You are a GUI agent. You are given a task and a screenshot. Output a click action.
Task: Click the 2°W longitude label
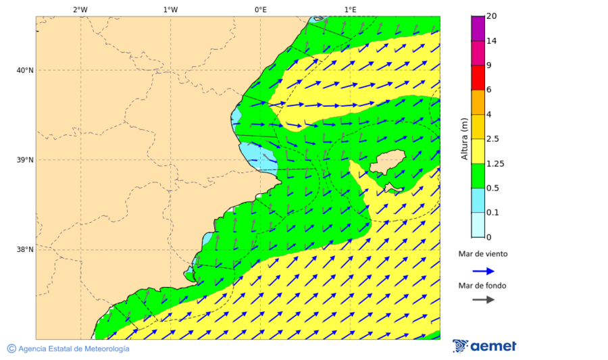click(x=80, y=9)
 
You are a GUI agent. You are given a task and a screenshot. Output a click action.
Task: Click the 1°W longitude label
click(x=170, y=9)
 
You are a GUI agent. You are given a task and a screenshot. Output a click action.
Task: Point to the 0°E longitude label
click(x=260, y=9)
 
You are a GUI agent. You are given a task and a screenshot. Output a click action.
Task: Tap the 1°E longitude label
click(x=351, y=9)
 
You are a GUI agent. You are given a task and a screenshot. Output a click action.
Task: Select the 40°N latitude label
click(x=25, y=70)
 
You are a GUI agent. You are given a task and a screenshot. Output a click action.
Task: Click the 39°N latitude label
click(x=25, y=160)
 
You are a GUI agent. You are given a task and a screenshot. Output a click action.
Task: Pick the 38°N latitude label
click(x=25, y=250)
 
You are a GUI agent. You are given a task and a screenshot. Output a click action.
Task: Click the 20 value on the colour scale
click(x=491, y=16)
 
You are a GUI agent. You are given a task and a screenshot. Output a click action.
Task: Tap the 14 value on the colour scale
click(x=491, y=41)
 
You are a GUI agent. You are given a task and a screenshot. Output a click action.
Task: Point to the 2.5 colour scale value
click(x=493, y=139)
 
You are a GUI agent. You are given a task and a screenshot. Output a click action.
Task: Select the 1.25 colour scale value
click(x=495, y=163)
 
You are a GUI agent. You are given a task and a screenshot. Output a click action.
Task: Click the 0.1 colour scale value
click(x=493, y=213)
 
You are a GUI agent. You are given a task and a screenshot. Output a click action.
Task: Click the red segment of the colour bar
click(x=478, y=78)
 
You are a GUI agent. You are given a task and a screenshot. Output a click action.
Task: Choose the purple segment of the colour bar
click(x=478, y=28)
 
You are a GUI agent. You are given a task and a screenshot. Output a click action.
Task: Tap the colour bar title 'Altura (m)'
click(x=464, y=139)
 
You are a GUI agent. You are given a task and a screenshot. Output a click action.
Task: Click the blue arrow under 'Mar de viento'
click(x=483, y=271)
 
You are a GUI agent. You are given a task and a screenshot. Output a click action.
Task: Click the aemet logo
click(x=484, y=346)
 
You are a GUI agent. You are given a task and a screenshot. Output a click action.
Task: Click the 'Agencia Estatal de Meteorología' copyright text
click(x=68, y=349)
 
